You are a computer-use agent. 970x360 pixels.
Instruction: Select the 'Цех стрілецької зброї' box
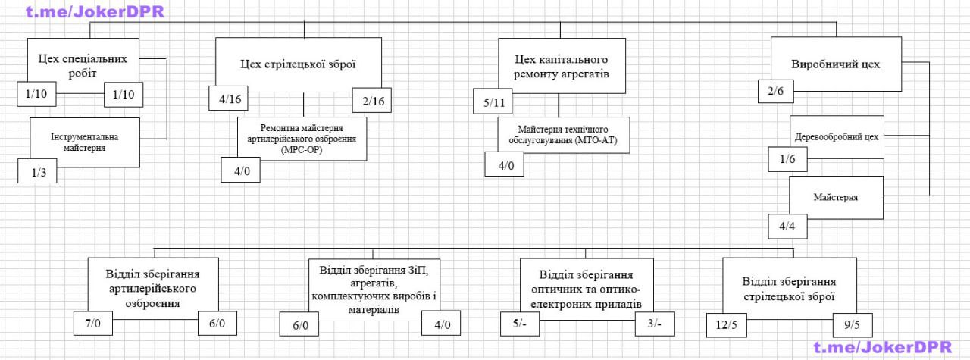(x=299, y=64)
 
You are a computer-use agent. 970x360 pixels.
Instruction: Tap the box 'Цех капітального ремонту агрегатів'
(x=562, y=66)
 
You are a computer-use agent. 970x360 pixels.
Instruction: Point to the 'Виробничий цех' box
(x=836, y=64)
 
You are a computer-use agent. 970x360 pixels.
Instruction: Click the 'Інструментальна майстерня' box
(x=85, y=142)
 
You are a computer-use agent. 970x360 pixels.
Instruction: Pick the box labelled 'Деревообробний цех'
(x=837, y=137)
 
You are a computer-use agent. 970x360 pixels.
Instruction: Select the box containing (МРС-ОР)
(x=302, y=139)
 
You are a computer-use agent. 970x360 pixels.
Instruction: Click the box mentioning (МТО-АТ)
(x=563, y=135)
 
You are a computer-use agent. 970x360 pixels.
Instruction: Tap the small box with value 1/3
(x=37, y=171)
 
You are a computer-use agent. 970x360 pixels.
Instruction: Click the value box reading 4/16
(x=229, y=99)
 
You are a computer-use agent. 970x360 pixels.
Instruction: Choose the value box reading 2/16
(x=372, y=101)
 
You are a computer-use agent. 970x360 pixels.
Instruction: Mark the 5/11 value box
(x=493, y=102)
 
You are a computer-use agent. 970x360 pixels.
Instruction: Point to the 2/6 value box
(x=776, y=92)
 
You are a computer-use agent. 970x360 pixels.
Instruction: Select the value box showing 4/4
(x=787, y=226)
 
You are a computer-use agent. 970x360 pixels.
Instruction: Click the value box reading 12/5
(x=727, y=325)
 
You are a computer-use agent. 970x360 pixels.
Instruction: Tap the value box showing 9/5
(x=853, y=325)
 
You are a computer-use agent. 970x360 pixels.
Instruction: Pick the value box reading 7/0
(x=93, y=323)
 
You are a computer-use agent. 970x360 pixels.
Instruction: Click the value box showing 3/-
(x=655, y=324)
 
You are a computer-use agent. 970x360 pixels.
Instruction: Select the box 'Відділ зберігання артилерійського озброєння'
(x=153, y=288)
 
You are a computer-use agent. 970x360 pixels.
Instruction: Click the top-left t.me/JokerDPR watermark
(x=95, y=11)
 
